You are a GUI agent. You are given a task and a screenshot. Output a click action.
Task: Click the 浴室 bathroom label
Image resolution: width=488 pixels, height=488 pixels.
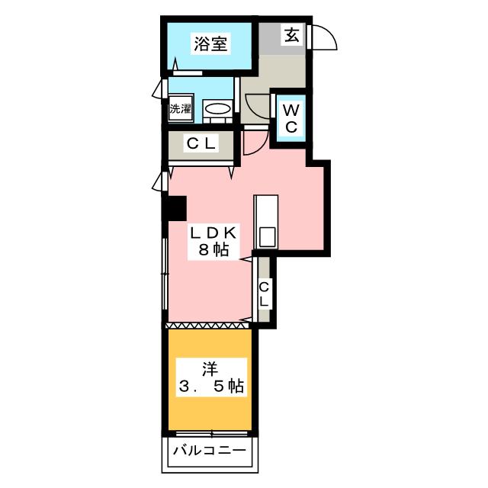coord(210,44)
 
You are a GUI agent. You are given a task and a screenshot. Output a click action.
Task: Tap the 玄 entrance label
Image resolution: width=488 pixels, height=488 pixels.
coord(292,34)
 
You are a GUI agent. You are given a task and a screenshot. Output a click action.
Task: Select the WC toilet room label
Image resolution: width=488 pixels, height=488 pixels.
coord(291,118)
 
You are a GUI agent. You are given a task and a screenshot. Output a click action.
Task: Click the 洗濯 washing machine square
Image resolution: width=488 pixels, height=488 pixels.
coord(180,108)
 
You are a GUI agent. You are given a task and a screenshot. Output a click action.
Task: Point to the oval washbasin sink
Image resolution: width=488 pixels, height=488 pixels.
coord(217,108)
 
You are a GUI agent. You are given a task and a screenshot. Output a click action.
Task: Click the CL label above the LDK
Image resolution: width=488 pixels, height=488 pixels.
coord(201,143)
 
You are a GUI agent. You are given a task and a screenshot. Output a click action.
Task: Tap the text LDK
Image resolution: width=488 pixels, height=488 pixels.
coord(213,233)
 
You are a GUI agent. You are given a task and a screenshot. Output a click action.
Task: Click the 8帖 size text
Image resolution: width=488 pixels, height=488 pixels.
coord(213,249)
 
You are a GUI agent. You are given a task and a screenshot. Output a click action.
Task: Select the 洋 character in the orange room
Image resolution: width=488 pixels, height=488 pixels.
coord(210,370)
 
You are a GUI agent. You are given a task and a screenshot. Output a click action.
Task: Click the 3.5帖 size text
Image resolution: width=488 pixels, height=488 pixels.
coord(211,387)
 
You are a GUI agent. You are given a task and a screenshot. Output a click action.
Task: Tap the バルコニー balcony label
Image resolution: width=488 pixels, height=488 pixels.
coord(210,450)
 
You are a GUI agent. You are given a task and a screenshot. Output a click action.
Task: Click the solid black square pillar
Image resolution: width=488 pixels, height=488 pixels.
coord(175,208)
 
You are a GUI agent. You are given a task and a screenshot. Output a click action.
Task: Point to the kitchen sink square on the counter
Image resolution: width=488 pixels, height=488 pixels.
coord(268,237)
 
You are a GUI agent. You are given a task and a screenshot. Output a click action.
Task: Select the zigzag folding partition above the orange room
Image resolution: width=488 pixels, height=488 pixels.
coord(207,326)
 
